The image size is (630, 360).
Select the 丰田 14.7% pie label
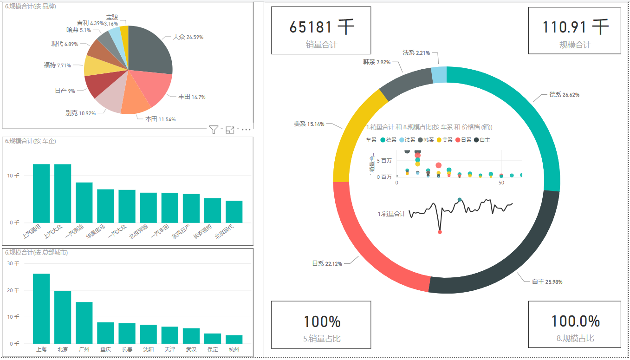(x=191, y=97)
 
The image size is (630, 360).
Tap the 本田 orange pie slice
(x=136, y=104)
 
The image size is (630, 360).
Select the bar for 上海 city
(x=41, y=308)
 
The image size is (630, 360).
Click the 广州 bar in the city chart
(x=84, y=322)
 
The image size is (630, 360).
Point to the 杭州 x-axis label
(x=234, y=349)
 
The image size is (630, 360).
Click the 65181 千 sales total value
(x=321, y=27)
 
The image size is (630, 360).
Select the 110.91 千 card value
(x=575, y=27)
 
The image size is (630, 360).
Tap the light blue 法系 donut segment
(x=439, y=75)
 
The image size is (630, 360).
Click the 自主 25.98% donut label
(x=547, y=281)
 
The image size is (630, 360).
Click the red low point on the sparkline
(x=440, y=231)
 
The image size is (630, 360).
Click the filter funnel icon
(x=213, y=130)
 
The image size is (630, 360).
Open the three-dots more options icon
(x=246, y=130)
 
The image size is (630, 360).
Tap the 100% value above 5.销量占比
(x=322, y=321)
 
